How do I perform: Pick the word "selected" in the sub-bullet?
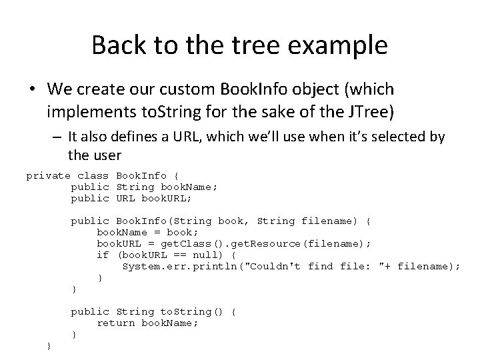tap(397, 137)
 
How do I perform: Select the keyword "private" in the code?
tap(47, 176)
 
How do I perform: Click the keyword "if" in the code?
tap(103, 255)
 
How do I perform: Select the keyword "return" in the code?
tap(116, 323)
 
